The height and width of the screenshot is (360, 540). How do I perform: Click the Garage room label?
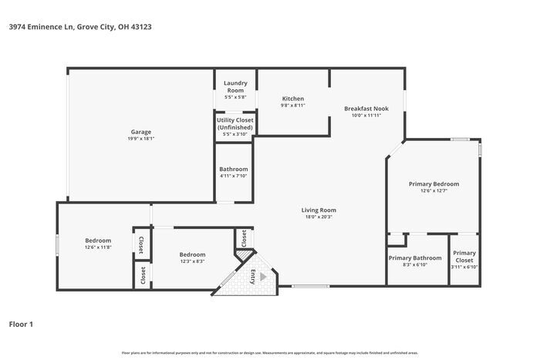tap(140, 132)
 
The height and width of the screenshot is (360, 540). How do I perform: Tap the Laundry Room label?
tap(235, 86)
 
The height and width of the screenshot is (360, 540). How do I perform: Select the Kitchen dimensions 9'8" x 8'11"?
tap(293, 105)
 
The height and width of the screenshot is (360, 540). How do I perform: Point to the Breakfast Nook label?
tap(366, 109)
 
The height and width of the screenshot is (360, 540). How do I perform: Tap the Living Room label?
tap(318, 210)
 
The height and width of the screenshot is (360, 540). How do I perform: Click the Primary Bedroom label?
tap(434, 184)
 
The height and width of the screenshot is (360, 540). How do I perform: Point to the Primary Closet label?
tap(464, 257)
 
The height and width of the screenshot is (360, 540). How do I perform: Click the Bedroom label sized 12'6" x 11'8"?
tap(98, 241)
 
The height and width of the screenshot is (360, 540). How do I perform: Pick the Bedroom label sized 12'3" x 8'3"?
tap(192, 254)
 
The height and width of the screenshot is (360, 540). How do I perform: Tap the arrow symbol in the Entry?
tap(263, 275)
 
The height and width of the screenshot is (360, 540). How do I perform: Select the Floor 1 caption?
tap(21, 324)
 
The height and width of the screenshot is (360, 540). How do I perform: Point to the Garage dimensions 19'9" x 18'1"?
tap(140, 139)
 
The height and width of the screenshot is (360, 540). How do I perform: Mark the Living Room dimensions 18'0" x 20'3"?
tap(318, 217)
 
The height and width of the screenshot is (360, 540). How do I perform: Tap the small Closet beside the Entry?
tap(244, 239)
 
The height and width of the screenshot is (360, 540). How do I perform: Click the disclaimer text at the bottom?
tap(269, 352)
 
